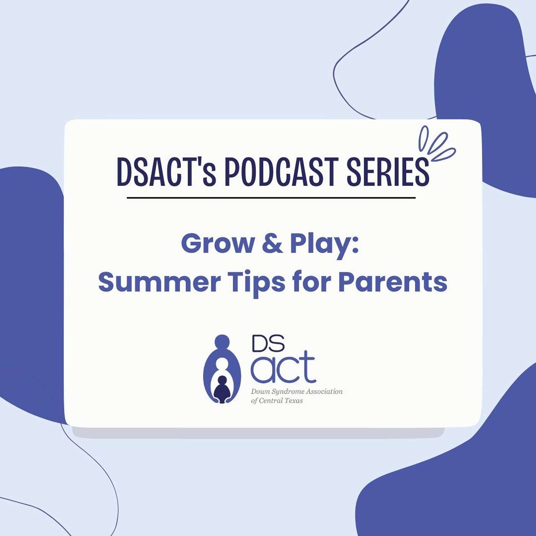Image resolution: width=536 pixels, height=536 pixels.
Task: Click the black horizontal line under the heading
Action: pos(271,198)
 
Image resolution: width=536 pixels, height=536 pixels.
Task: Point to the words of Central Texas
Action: pos(277,401)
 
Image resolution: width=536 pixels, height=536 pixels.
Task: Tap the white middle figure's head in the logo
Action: pos(222,364)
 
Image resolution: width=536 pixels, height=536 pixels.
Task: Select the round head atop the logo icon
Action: pos(222,341)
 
